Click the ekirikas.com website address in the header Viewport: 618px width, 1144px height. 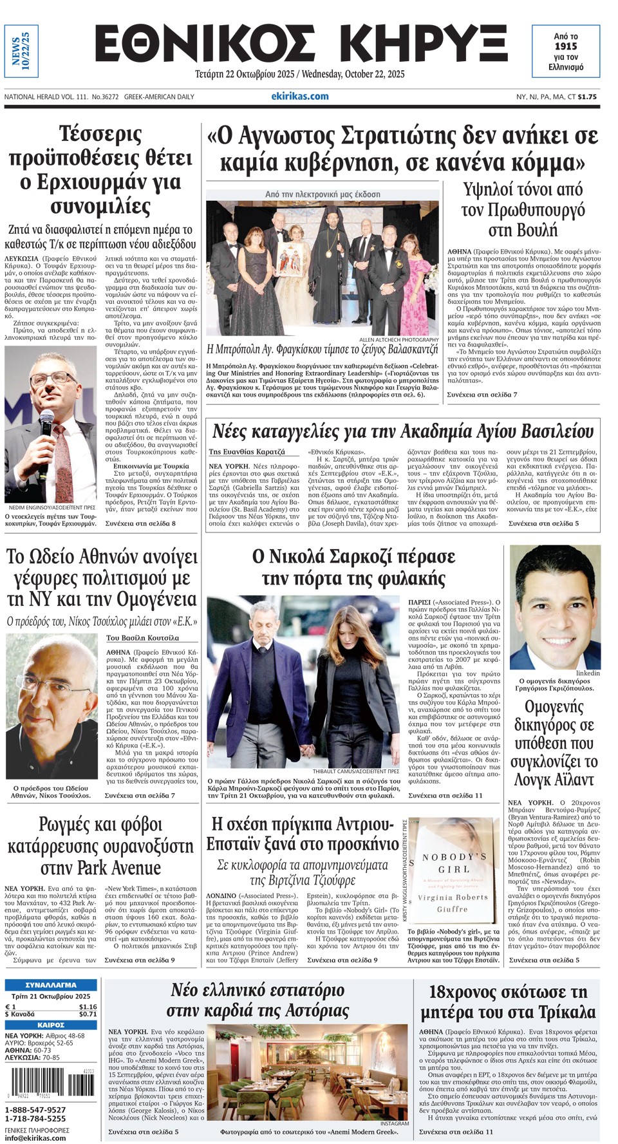299,97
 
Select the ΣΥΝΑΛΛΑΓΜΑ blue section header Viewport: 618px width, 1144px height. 51,985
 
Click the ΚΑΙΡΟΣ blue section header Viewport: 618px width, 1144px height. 51,1025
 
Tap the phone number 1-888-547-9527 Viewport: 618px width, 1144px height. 35,1110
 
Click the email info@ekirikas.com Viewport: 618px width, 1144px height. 35,1138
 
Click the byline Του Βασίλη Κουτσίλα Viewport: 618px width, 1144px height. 142,638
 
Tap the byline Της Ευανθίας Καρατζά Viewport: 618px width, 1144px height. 247,452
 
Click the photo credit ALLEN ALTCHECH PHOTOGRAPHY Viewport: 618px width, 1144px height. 399,339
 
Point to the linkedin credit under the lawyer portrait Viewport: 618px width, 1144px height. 588,673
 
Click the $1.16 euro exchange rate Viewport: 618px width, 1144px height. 88,1007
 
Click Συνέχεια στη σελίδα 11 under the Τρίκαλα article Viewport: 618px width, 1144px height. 456,1131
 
